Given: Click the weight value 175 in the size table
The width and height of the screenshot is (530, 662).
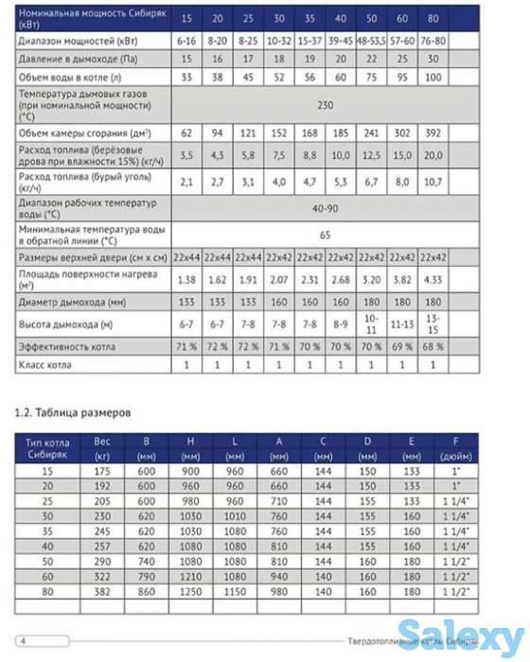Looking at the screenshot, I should [103, 472].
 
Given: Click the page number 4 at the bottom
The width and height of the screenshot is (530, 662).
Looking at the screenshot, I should [22, 636].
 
